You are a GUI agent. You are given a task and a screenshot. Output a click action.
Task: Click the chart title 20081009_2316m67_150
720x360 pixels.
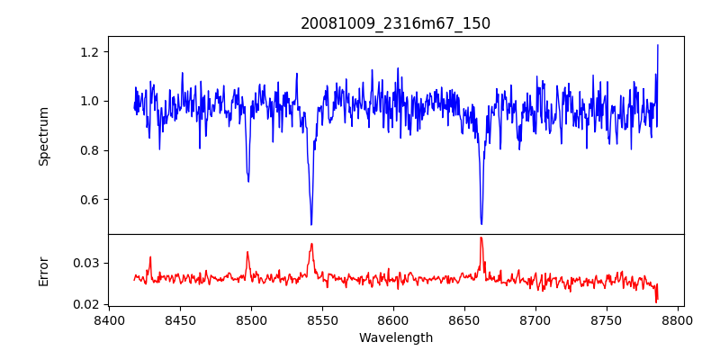395,23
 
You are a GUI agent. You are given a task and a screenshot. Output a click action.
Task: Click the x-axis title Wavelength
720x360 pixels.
395,337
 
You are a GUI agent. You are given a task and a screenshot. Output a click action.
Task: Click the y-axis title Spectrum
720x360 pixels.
43,136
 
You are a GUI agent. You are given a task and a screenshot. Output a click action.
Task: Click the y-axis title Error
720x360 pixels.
43,271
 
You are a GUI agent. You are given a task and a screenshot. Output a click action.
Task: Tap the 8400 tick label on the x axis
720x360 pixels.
109,319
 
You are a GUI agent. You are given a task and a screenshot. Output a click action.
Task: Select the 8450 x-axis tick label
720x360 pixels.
180,319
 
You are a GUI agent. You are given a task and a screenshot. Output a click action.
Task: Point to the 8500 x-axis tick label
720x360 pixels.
251,319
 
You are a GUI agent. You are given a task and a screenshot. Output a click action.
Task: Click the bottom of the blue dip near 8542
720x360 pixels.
311,224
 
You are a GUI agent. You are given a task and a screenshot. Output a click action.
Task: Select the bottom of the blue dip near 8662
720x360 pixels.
481,223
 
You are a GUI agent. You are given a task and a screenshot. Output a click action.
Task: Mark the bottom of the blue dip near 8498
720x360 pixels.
248,181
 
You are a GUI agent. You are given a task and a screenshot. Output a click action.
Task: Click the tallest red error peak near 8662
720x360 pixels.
481,238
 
